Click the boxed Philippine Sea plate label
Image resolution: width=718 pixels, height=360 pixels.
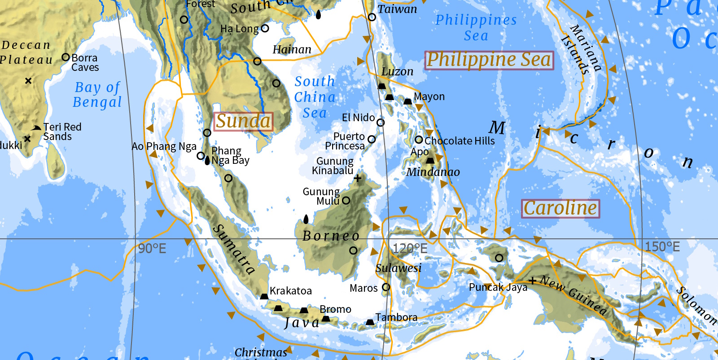pyautogui.click(x=489, y=60)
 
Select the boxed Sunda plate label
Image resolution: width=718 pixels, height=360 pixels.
pyautogui.click(x=243, y=121)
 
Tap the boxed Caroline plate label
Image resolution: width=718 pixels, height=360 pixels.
pyautogui.click(x=560, y=209)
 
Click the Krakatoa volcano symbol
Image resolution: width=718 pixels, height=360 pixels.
pyautogui.click(x=264, y=296)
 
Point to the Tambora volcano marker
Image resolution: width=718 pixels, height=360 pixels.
pyautogui.click(x=370, y=322)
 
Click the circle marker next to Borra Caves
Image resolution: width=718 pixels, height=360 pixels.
pyautogui.click(x=66, y=57)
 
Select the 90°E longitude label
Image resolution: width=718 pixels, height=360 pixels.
pyautogui.click(x=152, y=249)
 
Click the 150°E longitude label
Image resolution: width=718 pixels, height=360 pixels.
pyautogui.click(x=662, y=247)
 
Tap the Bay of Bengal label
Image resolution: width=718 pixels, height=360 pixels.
pyautogui.click(x=97, y=95)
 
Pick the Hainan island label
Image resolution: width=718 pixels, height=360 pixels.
pyautogui.click(x=292, y=49)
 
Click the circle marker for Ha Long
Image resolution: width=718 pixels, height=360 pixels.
pyautogui.click(x=265, y=28)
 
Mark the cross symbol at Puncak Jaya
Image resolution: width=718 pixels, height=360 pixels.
pyautogui.click(x=533, y=281)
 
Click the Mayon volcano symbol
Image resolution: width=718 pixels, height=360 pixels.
pyautogui.click(x=407, y=101)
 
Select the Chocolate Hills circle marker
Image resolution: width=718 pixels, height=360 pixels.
pyautogui.click(x=419, y=140)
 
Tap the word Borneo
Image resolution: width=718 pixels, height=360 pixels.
pyautogui.click(x=331, y=236)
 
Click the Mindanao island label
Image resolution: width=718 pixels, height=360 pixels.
pyautogui.click(x=433, y=172)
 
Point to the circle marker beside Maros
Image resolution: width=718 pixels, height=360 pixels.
pyautogui.click(x=386, y=287)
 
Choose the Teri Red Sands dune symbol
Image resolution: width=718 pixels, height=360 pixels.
pyautogui.click(x=36, y=128)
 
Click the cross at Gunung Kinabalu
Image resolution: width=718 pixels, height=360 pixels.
pyautogui.click(x=358, y=178)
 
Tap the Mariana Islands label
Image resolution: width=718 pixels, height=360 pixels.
pyautogui.click(x=582, y=48)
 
